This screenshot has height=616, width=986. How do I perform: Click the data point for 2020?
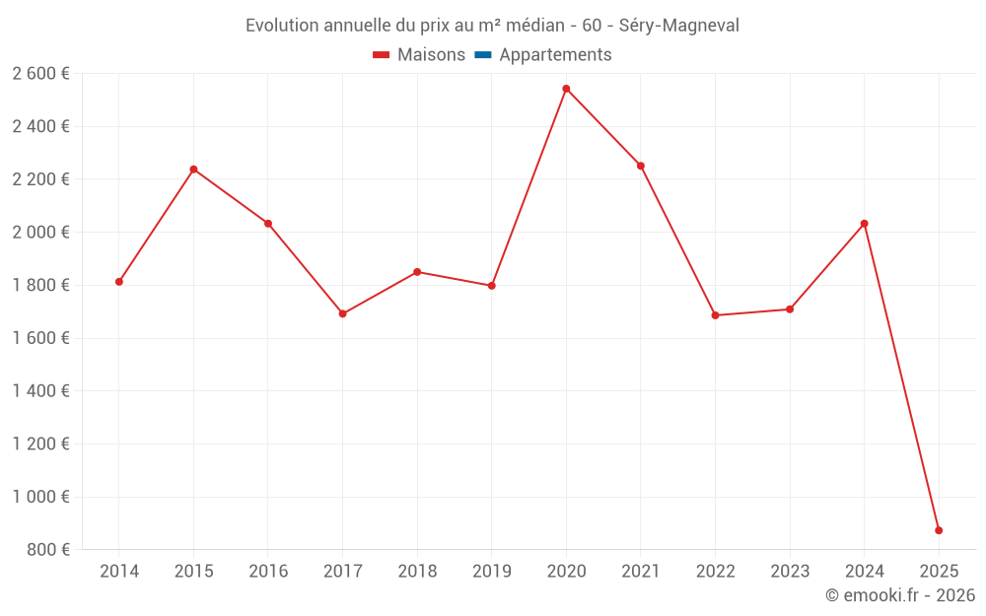[x=566, y=89]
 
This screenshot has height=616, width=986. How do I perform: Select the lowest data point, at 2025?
[x=939, y=530]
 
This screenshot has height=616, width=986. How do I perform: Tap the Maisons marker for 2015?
[x=193, y=170]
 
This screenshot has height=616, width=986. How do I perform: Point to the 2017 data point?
[x=342, y=313]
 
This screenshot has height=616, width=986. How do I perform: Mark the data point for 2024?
[x=864, y=224]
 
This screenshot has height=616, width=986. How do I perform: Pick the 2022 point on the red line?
[x=715, y=315]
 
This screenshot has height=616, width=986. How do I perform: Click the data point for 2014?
[x=119, y=282]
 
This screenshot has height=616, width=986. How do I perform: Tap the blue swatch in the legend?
[x=483, y=55]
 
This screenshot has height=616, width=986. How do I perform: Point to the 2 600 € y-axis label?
[x=40, y=74]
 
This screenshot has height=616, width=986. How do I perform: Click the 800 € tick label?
[x=47, y=550]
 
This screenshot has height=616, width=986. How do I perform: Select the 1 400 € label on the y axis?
[x=40, y=391]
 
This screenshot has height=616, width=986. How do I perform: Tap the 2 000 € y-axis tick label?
[x=40, y=233]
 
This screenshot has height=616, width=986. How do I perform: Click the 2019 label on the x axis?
[x=491, y=572]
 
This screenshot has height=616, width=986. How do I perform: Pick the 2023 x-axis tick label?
[x=789, y=572]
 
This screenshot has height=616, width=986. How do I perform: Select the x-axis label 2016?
[x=268, y=572]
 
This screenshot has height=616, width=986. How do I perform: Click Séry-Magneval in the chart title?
[x=679, y=26]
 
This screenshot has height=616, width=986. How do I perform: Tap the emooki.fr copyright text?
[x=899, y=595]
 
